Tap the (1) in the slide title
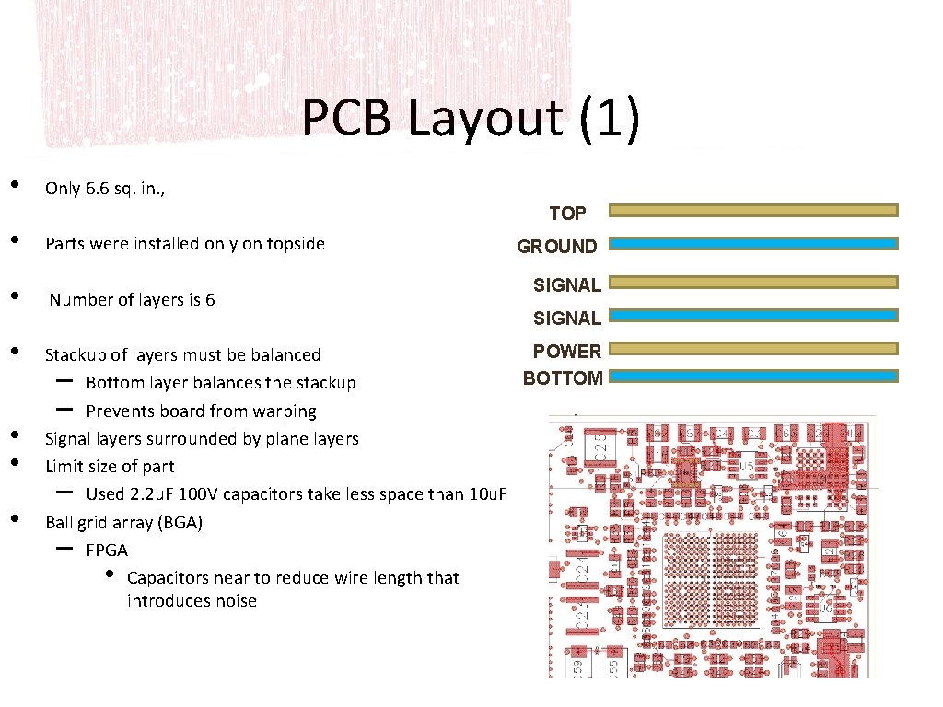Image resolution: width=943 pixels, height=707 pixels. pos(610,120)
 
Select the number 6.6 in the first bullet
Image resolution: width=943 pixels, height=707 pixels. pos(96,189)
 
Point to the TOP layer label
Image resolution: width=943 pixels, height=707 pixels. pos(567,214)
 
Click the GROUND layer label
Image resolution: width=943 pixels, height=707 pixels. pos(557,247)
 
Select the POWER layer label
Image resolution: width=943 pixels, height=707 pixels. pos(566,351)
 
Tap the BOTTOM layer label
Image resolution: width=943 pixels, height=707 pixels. pos(563,377)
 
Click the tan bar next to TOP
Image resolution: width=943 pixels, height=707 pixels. pos(754,211)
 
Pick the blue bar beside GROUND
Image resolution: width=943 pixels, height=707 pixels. pos(754,244)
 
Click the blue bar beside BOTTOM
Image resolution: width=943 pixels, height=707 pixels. pos(754,377)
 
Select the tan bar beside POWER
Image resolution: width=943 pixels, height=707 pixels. pos(754,348)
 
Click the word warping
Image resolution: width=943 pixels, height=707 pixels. pos(285,411)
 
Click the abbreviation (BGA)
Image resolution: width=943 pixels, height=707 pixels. pos(180,523)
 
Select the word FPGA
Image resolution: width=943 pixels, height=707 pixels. pos(107,551)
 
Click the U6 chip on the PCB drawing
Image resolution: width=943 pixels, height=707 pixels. pos(828,608)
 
